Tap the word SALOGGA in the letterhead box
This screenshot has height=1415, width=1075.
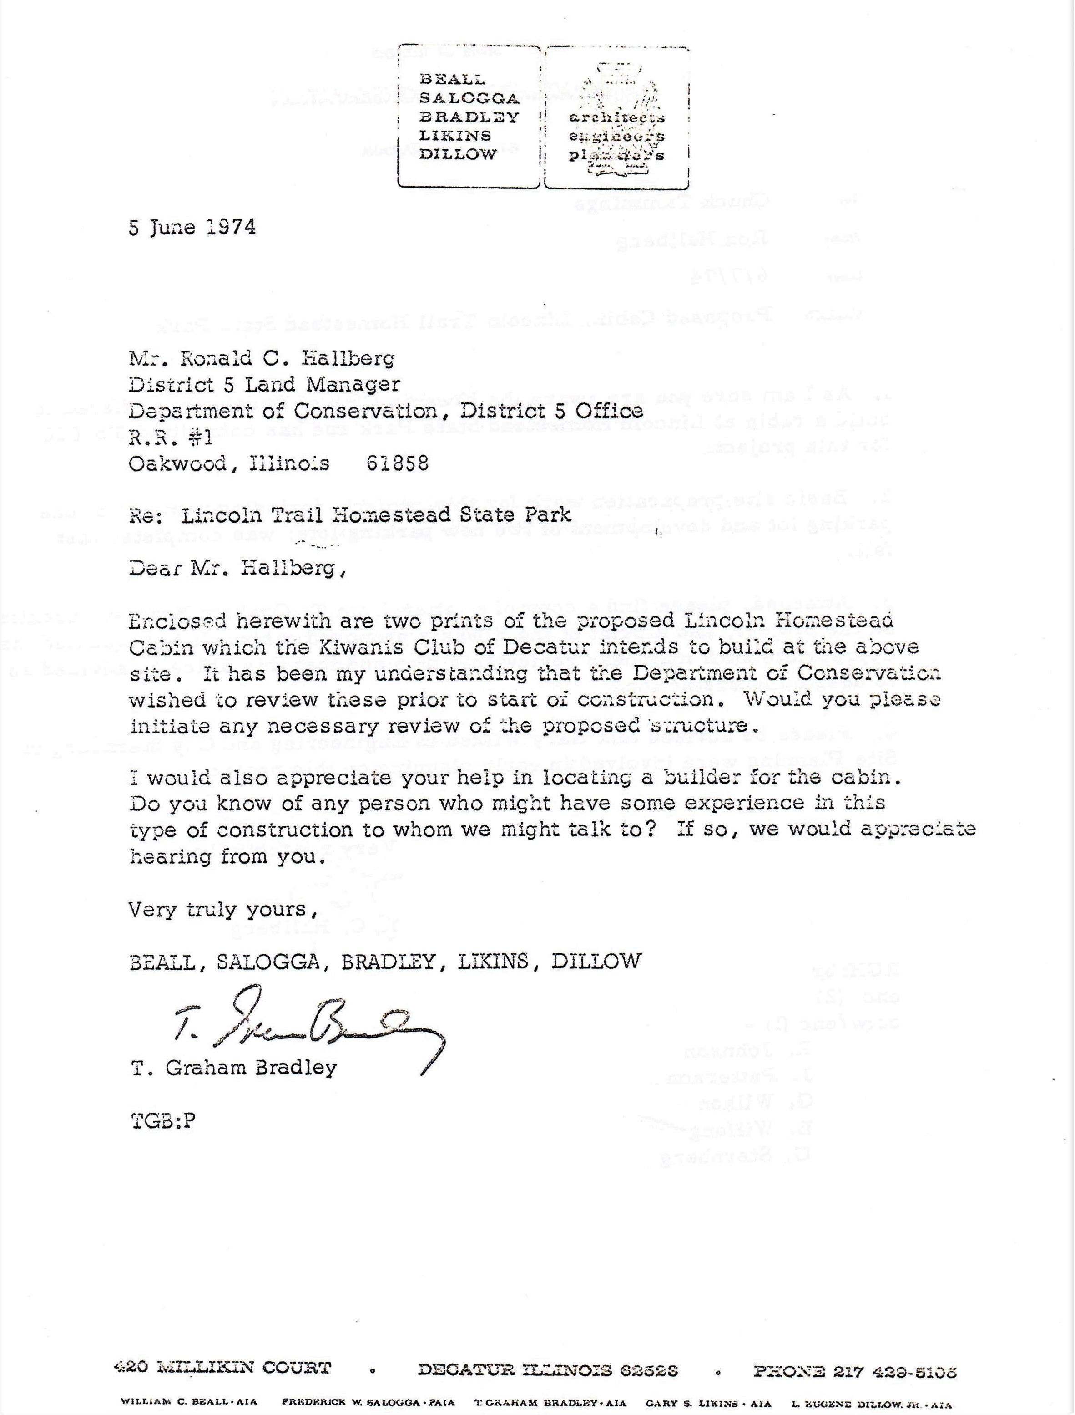469,98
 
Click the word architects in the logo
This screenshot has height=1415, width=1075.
617,118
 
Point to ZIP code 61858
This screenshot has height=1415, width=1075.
397,463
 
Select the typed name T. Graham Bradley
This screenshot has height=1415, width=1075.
233,1067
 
